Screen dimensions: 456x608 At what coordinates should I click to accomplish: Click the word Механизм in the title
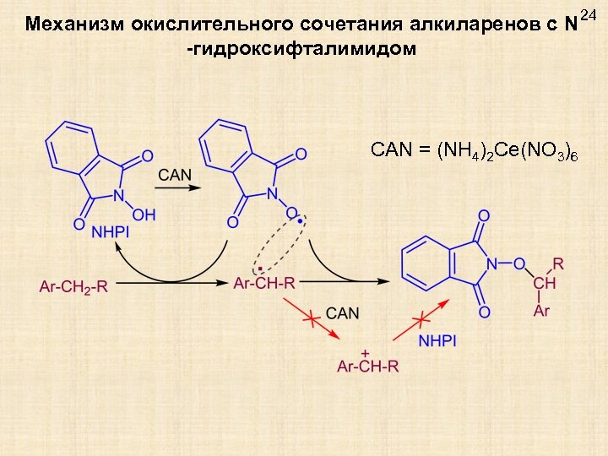click(x=74, y=24)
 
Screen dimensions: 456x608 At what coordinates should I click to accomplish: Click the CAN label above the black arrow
click(x=175, y=175)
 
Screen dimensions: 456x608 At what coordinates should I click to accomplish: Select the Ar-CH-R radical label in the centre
click(x=264, y=284)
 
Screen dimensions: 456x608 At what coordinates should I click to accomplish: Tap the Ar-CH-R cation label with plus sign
click(x=367, y=365)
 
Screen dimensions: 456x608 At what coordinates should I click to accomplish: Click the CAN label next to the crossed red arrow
click(x=342, y=313)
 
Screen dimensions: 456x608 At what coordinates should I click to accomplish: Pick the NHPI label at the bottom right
click(x=437, y=340)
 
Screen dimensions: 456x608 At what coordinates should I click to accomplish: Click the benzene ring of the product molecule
click(x=424, y=260)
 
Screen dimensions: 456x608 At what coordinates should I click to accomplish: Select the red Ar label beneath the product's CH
click(x=541, y=311)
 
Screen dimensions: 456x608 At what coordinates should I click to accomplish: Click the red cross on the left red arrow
click(x=311, y=319)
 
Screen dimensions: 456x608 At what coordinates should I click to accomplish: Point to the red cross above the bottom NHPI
click(x=421, y=320)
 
